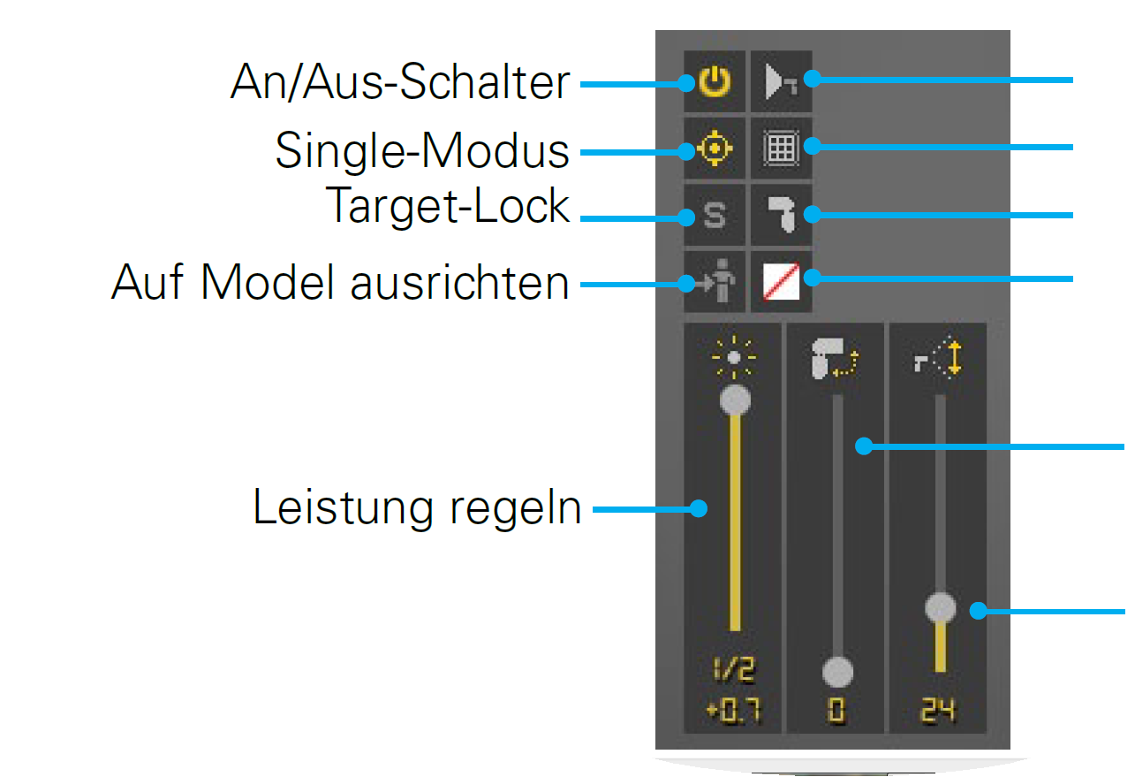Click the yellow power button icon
point(715,82)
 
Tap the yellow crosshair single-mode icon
point(715,149)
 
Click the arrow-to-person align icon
point(715,283)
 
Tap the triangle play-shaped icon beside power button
point(781,82)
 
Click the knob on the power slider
point(735,400)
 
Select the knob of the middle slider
point(837,672)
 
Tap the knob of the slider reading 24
point(940,608)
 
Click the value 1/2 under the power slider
point(735,671)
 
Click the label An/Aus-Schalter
point(400,84)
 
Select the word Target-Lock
point(448,206)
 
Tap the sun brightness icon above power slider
point(735,357)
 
